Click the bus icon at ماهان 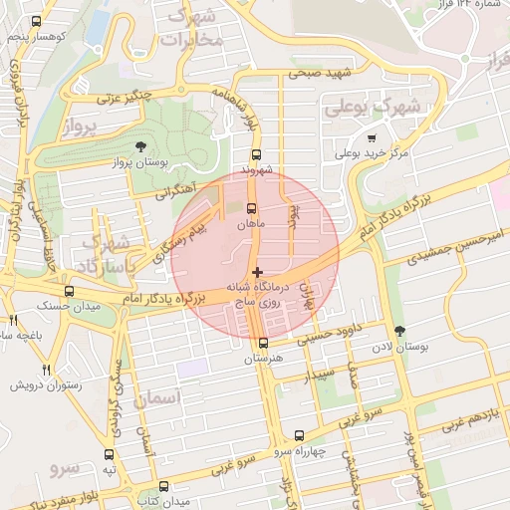251,209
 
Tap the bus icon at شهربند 256,155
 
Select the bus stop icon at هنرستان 263,344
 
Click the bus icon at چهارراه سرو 299,435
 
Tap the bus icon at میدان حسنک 69,292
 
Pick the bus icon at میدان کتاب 164,486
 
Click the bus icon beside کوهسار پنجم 37,21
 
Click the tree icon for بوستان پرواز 139,147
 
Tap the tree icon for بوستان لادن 400,331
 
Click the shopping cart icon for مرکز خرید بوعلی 372,138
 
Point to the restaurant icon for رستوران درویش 47,370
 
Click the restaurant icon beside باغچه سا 13,321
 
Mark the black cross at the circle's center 257,272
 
